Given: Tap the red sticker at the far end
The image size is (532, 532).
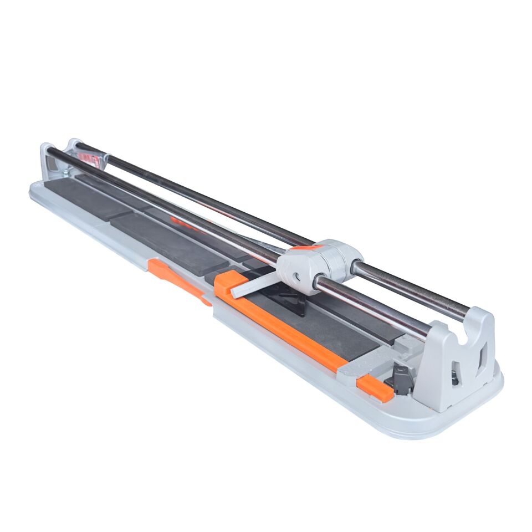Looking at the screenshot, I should tap(89, 160).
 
